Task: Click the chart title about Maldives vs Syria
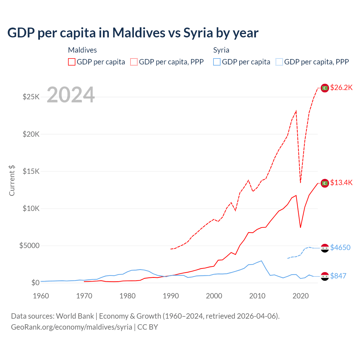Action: [133, 33]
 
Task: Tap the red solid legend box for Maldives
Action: [72, 62]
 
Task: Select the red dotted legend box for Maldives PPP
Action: [134, 62]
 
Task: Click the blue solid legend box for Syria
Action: [217, 62]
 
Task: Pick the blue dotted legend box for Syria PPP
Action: [279, 62]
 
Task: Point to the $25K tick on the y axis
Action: [31, 97]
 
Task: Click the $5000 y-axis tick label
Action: [29, 246]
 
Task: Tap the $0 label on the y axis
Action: [35, 283]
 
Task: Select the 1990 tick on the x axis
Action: [171, 296]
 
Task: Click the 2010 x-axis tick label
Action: [257, 296]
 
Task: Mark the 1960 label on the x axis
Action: [41, 296]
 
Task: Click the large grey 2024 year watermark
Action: [71, 95]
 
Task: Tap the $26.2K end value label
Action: [341, 88]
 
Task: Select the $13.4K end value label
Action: [341, 183]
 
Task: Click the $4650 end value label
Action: [340, 247]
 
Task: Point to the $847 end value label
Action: [338, 276]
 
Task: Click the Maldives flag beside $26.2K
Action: [325, 88]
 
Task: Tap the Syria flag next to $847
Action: [325, 276]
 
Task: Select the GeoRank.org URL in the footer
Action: [71, 327]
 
